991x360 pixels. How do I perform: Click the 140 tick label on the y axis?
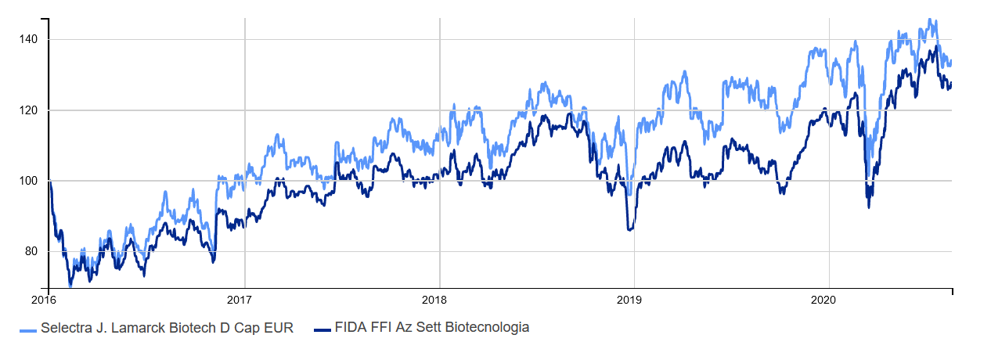tap(28, 39)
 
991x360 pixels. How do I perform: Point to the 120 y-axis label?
tap(28, 110)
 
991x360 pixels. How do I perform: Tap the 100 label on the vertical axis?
tap(28, 181)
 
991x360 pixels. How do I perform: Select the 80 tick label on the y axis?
tap(31, 251)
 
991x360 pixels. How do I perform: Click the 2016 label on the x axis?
tap(43, 300)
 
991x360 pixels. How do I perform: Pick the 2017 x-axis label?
tap(239, 300)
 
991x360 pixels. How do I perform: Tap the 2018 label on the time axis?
tap(434, 300)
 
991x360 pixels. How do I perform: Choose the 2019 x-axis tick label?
tap(629, 300)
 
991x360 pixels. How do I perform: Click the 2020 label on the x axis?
tap(823, 300)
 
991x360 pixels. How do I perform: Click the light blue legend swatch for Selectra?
tap(28, 331)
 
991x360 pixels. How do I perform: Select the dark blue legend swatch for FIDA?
tap(323, 330)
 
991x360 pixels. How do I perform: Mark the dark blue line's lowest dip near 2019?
tap(630, 229)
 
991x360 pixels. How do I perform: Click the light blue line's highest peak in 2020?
tap(930, 20)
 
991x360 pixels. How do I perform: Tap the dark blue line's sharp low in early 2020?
tap(868, 207)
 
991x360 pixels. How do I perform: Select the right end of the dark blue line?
tap(951, 83)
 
